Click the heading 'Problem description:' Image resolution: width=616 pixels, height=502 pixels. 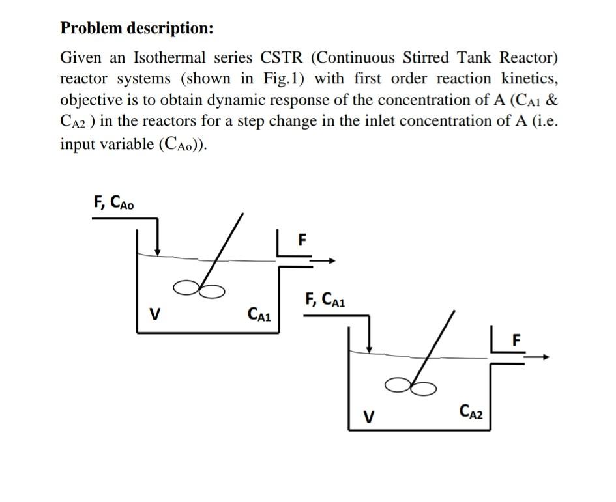[x=136, y=29]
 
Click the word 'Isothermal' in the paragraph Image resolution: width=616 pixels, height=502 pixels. [x=166, y=57]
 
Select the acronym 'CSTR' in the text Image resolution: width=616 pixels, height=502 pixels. [x=282, y=57]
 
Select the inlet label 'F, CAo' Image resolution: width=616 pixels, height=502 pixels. [x=114, y=202]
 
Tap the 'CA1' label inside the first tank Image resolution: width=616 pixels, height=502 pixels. [x=260, y=315]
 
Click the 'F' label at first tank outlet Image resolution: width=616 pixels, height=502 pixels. [x=301, y=239]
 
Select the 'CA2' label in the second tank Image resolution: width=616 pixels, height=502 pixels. [x=471, y=411]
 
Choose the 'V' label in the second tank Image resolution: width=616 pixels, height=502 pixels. [x=368, y=415]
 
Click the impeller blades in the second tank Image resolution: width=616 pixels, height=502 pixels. [x=411, y=387]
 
